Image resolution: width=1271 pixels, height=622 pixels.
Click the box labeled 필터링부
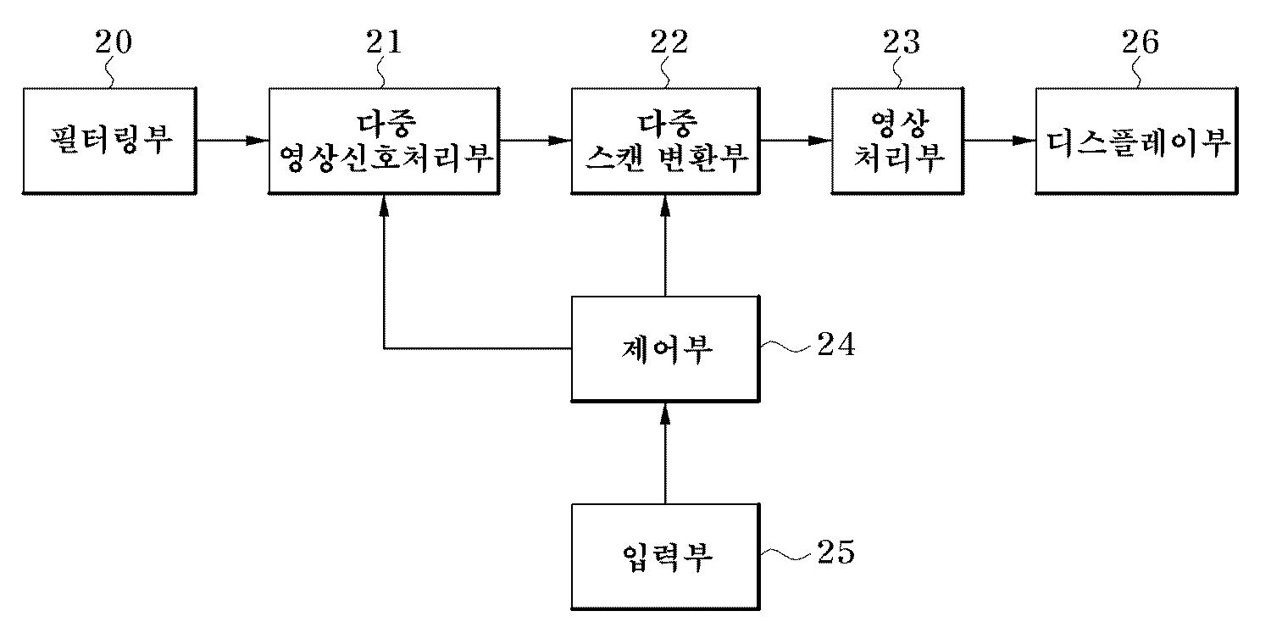[110, 140]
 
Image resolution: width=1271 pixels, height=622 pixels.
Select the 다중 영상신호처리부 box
[383, 140]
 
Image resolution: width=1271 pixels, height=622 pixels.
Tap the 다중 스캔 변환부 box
[664, 140]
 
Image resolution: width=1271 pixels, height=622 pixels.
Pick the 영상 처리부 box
[898, 140]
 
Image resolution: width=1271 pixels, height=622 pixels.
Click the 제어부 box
[664, 348]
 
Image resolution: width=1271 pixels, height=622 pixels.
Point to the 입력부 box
[664, 557]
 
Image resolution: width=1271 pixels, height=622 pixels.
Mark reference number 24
[835, 346]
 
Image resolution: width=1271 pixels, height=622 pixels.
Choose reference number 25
[835, 553]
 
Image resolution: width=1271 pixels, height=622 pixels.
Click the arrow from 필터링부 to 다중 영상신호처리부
[232, 141]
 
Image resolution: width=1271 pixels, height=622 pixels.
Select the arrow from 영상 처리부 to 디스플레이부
[1001, 141]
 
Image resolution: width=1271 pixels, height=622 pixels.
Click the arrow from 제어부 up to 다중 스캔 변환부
[664, 245]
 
